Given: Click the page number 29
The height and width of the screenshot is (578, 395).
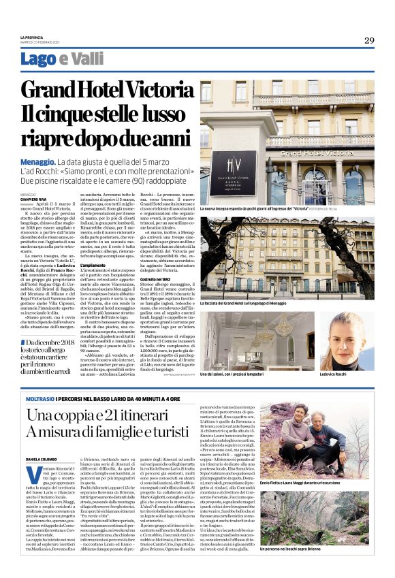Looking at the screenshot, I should click(x=368, y=41).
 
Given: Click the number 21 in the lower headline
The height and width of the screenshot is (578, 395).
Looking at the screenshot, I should click(x=99, y=413).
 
